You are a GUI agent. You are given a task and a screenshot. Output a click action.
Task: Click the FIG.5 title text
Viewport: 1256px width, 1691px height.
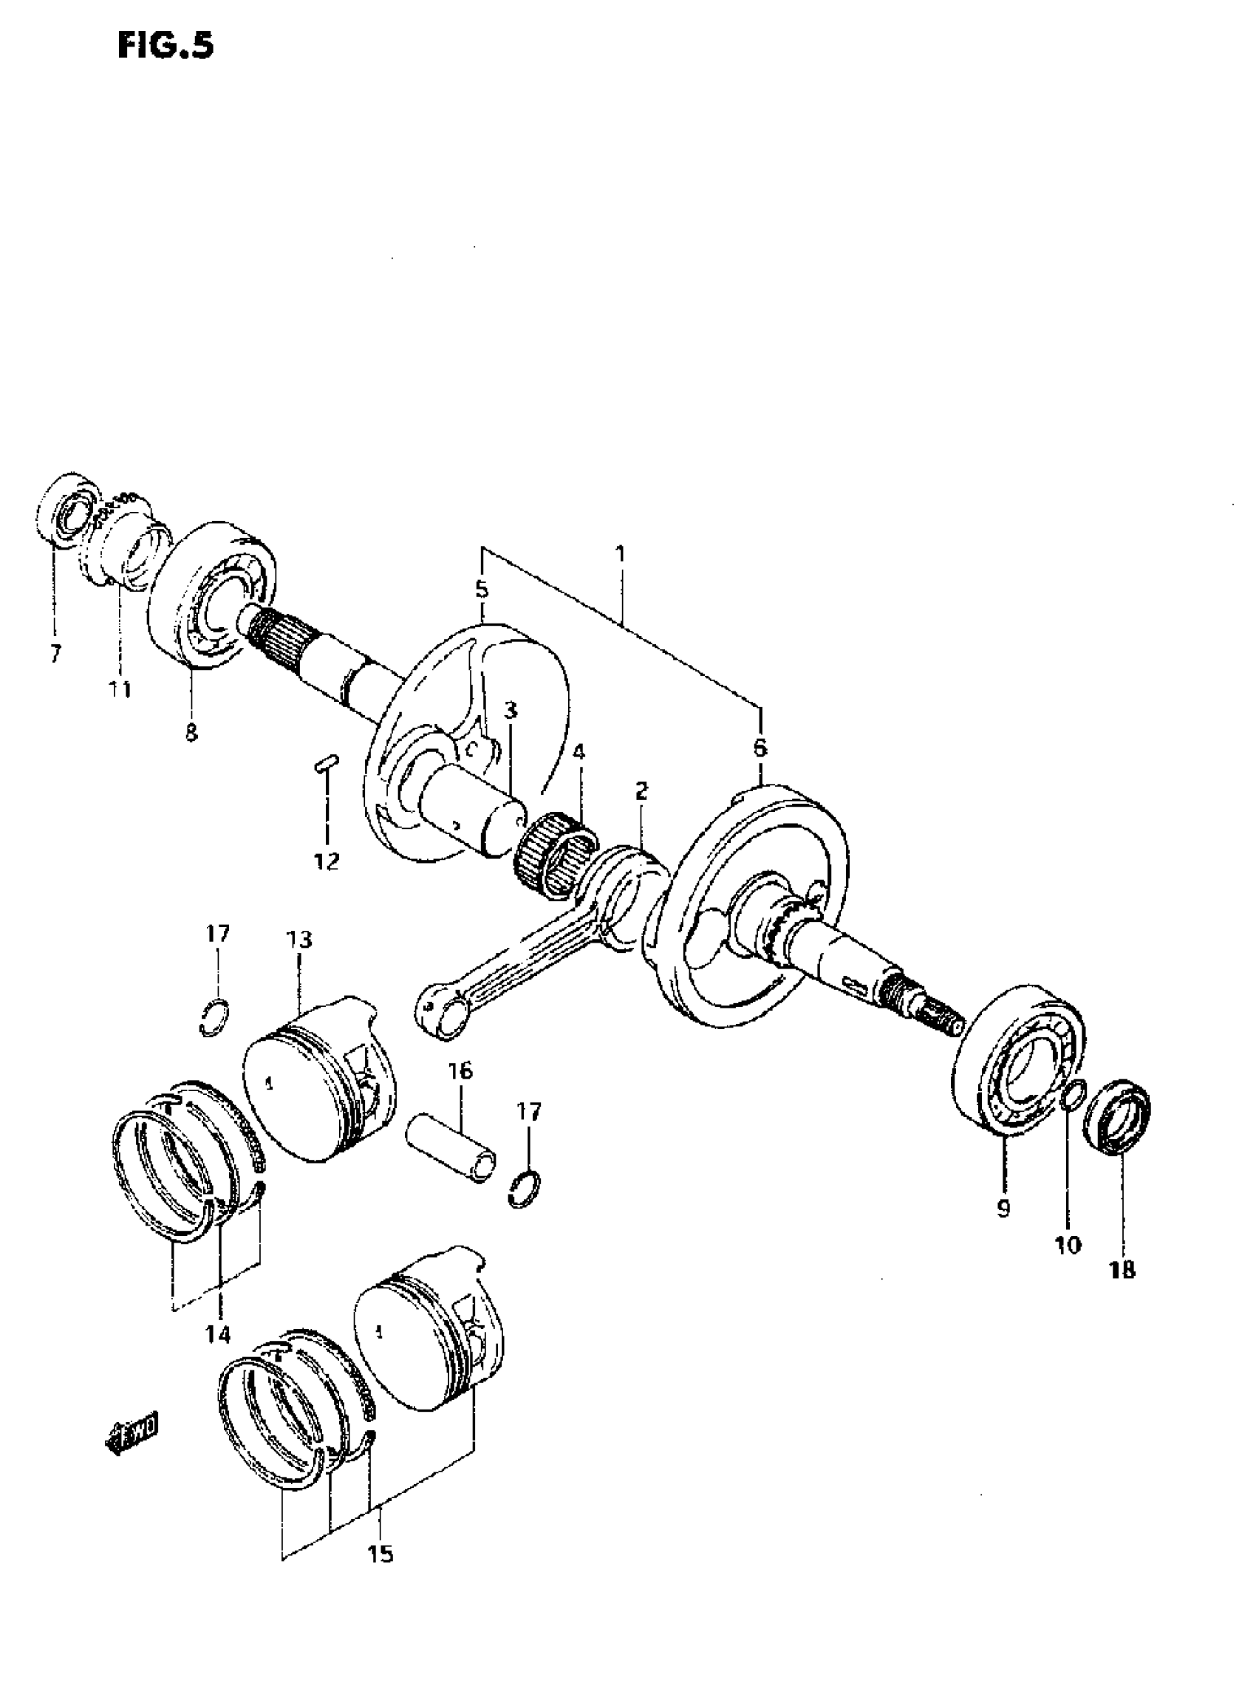point(165,47)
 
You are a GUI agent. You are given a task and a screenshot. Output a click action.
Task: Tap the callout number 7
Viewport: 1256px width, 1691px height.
point(55,654)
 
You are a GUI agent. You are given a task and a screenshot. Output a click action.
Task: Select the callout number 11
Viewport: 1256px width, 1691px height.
point(120,690)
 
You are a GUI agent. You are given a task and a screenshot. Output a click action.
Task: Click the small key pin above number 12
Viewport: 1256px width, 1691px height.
point(326,762)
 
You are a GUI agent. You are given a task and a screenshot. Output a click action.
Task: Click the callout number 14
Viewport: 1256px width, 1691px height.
point(219,1335)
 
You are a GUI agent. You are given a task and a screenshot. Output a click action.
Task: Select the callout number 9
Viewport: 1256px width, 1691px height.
point(1003,1209)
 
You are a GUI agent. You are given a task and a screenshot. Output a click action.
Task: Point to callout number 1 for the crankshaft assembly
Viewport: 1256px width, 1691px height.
point(621,554)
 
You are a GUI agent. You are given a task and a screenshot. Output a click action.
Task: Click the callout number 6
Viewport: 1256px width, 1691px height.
point(760,748)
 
